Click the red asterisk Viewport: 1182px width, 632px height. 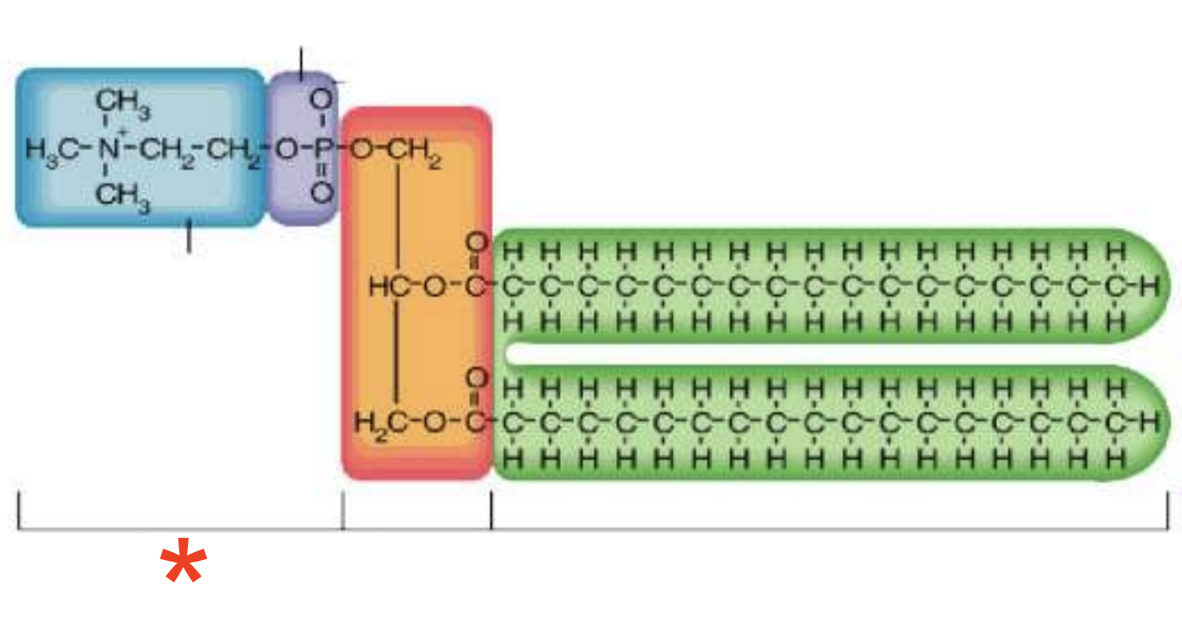184,563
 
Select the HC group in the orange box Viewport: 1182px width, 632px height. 388,286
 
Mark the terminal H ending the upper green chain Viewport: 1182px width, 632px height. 1151,286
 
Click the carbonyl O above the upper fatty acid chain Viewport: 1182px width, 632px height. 478,242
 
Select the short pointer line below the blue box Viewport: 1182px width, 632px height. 188,237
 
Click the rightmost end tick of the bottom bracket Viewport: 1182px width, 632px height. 1167,511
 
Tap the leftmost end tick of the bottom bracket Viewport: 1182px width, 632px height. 19,511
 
